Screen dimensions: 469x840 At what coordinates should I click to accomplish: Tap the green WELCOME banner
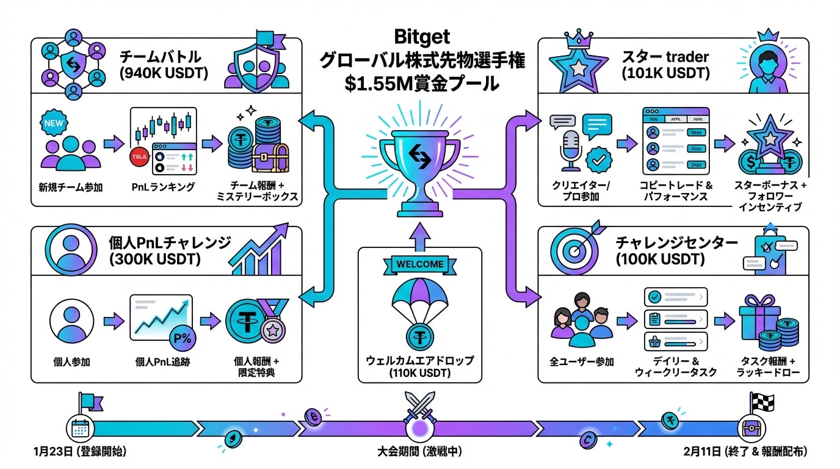pos(419,264)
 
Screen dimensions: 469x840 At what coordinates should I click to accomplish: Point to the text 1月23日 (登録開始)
pos(81,453)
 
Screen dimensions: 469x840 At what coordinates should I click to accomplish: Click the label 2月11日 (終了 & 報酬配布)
pos(746,453)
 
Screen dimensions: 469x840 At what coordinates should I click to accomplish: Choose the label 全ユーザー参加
pos(582,361)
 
